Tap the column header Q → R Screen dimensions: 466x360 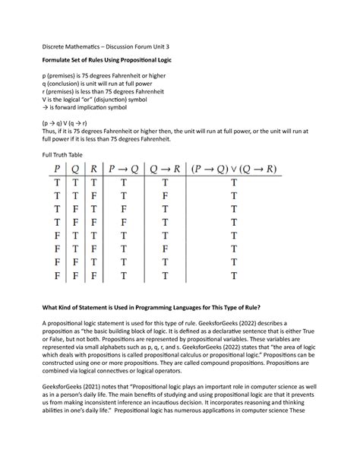coord(165,169)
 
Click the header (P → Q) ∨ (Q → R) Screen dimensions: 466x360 coord(234,169)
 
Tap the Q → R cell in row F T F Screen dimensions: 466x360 coord(165,248)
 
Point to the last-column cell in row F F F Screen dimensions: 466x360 coord(234,274)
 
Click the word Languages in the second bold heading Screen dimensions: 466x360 coord(180,306)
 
